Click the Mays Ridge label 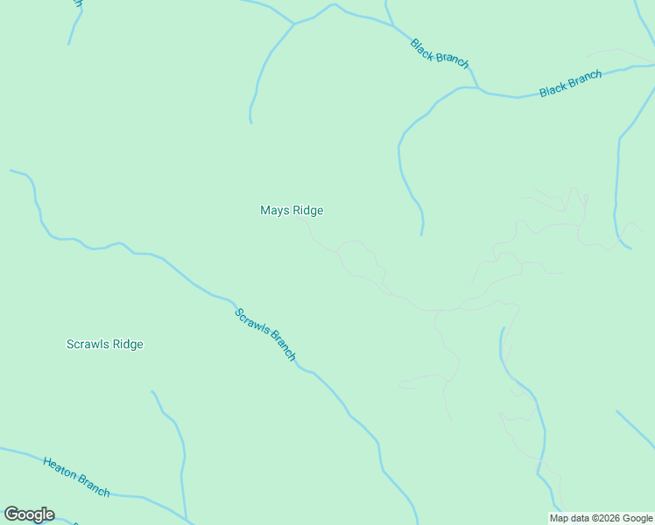tap(292, 211)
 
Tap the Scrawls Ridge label tap(105, 345)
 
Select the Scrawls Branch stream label tap(265, 334)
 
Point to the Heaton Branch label tap(76, 476)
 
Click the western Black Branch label tap(440, 53)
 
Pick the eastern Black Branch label tap(571, 84)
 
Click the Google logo tap(29, 514)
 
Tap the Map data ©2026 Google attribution tap(602, 518)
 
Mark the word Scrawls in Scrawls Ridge tap(88, 345)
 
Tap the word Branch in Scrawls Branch tap(282, 347)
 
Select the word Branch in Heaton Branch tap(94, 484)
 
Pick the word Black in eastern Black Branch tap(553, 89)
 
